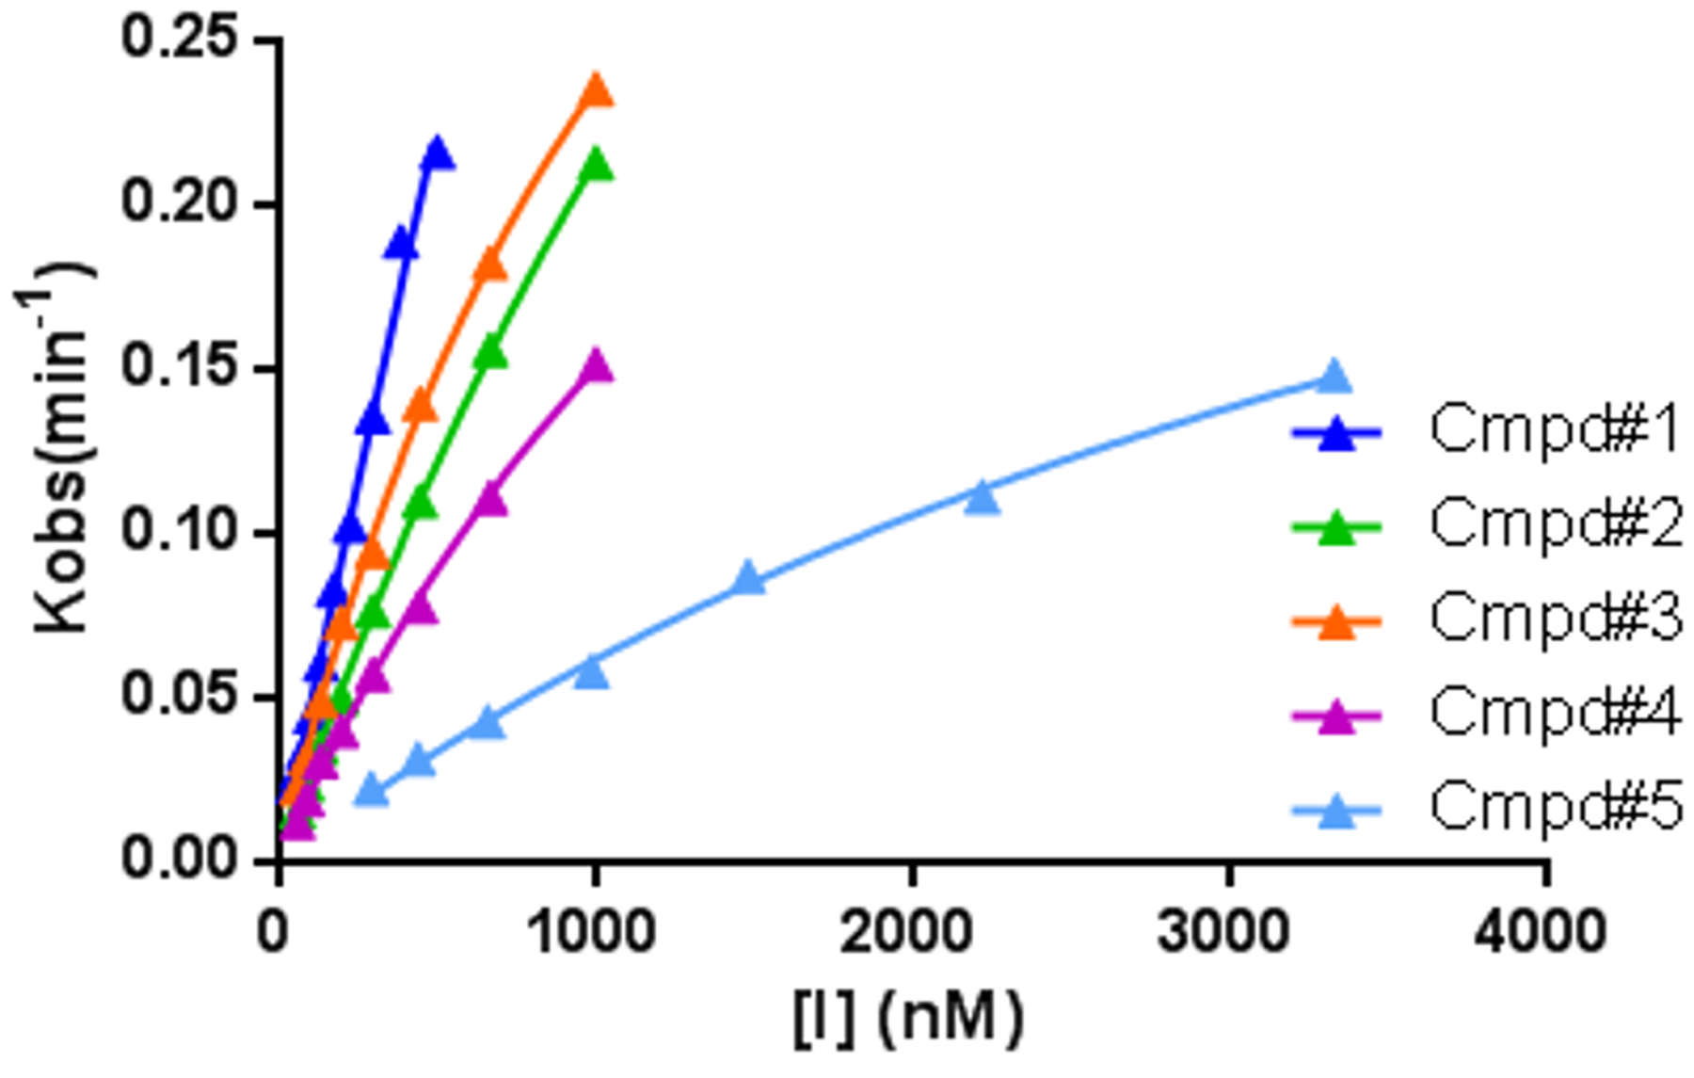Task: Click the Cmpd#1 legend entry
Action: (1555, 431)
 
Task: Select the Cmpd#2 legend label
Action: (1555, 524)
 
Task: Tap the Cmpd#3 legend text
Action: (1555, 619)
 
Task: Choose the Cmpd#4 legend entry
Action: (1555, 713)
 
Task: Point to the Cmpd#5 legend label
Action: (1555, 807)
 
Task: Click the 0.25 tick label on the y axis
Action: (179, 40)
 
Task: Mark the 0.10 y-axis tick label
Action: (179, 532)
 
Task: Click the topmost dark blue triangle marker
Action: (438, 153)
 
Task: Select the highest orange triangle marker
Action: (596, 91)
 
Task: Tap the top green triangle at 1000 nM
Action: (596, 166)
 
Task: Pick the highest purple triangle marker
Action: (595, 366)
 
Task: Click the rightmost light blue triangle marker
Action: (1334, 377)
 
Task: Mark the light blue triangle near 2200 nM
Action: (982, 497)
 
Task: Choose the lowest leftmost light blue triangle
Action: (372, 791)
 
